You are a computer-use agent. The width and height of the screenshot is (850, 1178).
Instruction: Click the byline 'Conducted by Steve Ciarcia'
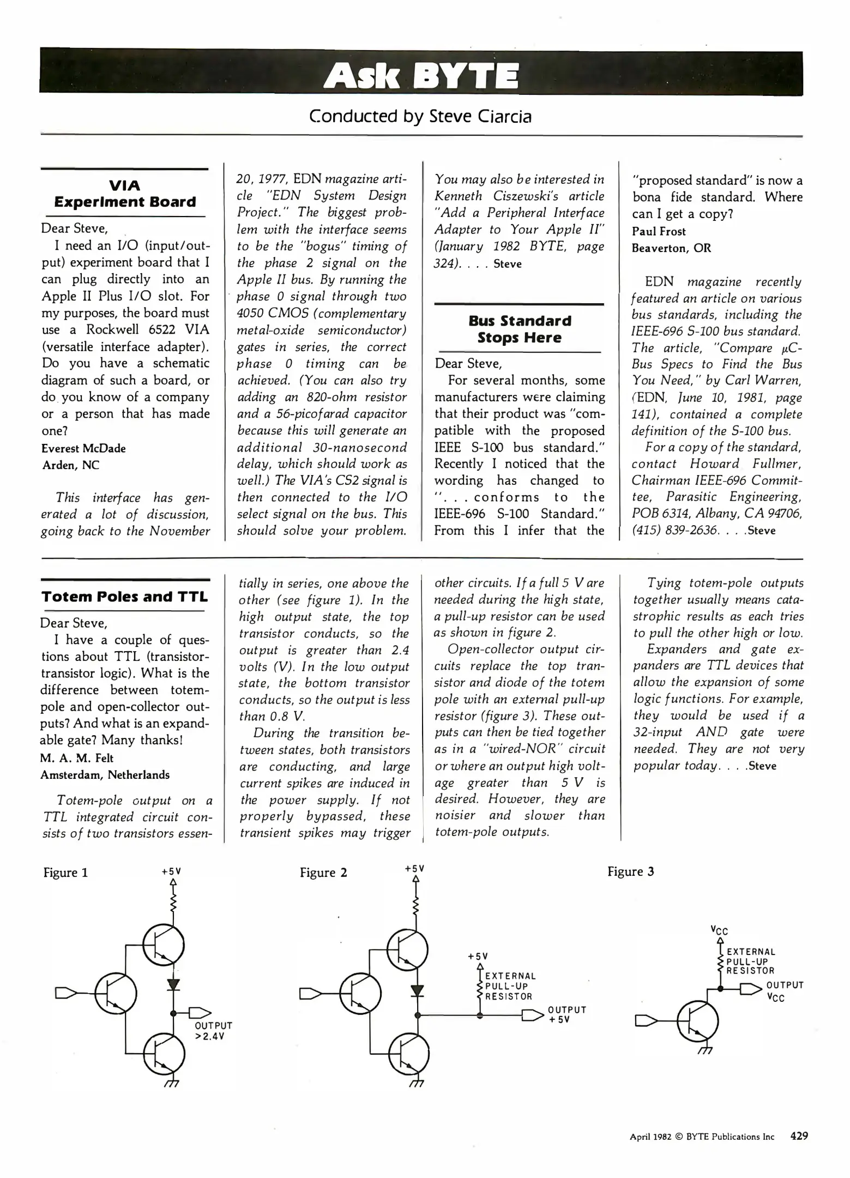420,116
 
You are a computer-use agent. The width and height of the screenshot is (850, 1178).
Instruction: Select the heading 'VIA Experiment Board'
125,194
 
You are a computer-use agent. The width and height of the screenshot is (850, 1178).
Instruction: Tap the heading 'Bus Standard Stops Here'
520,329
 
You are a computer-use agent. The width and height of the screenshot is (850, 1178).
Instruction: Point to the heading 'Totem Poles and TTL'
125,597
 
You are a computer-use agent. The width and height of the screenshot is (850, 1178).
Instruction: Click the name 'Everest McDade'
83,448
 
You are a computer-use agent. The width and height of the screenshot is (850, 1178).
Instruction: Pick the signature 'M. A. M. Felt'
77,758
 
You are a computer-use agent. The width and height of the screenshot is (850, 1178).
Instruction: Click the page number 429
799,1136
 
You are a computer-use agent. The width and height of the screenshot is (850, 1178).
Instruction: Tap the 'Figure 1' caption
65,873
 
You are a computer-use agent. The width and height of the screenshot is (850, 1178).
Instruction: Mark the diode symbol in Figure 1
174,984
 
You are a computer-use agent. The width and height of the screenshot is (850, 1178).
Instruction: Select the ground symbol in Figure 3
705,1050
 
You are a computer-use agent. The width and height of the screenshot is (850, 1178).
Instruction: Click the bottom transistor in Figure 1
164,1054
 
